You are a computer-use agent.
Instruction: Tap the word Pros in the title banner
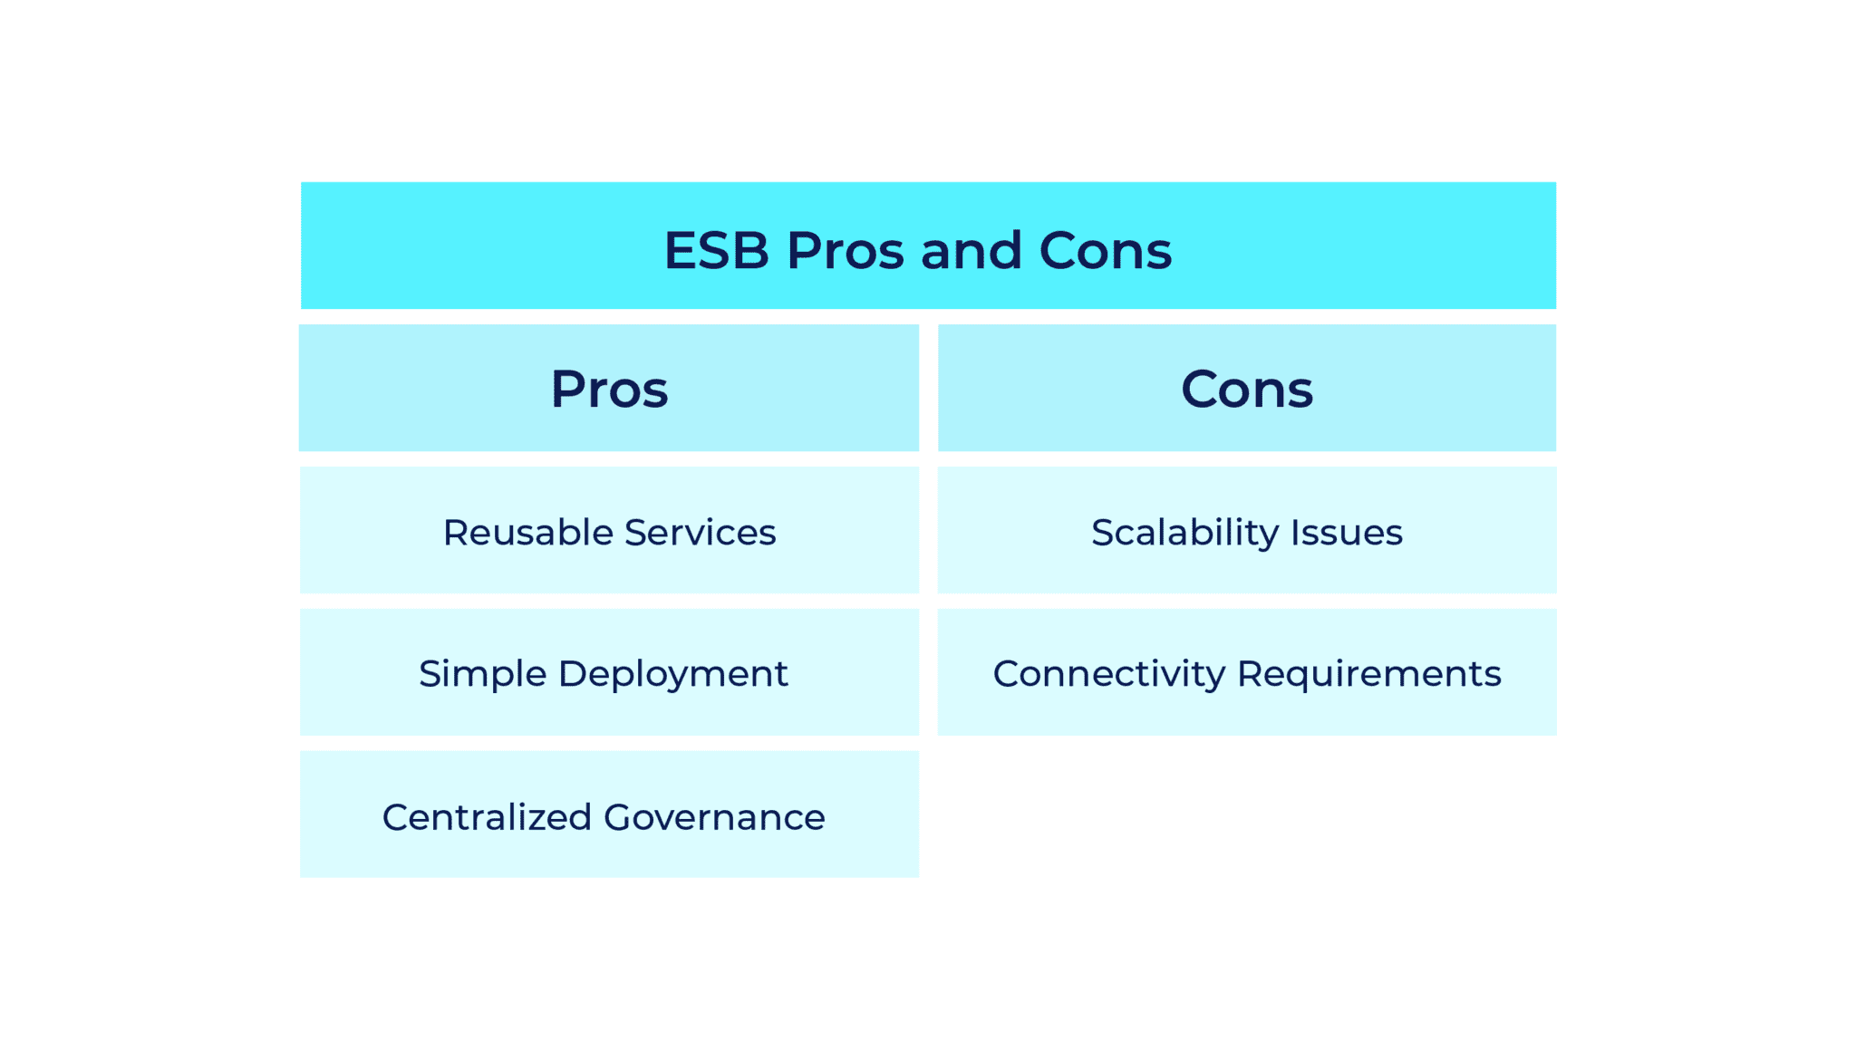[x=845, y=250]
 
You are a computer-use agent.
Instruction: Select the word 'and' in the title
[x=971, y=250]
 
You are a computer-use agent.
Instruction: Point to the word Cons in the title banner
[x=1105, y=250]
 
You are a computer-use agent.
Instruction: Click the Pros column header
[x=609, y=390]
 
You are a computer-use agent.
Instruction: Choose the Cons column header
[x=1246, y=390]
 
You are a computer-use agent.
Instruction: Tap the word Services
[x=700, y=533]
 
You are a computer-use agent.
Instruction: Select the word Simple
[x=482, y=674]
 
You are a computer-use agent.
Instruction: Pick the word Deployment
[x=672, y=674]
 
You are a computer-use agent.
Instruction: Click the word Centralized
[x=487, y=817]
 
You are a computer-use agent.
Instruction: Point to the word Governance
[x=714, y=817]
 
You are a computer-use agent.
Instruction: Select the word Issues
[x=1347, y=533]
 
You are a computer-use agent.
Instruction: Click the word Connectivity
[x=1108, y=674]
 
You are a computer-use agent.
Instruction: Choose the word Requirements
[x=1368, y=674]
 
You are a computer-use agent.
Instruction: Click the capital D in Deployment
[x=573, y=674]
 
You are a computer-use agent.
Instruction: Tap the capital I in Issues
[x=1295, y=533]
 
